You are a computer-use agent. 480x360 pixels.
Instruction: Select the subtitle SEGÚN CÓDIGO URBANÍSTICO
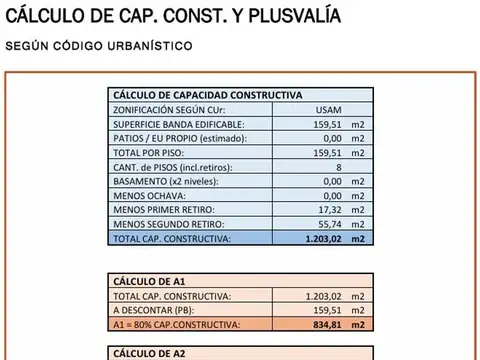100,46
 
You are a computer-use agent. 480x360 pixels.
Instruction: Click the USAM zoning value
327,109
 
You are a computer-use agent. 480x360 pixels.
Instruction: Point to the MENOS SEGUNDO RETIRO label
169,225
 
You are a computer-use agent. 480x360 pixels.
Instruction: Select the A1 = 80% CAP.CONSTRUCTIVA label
177,325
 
